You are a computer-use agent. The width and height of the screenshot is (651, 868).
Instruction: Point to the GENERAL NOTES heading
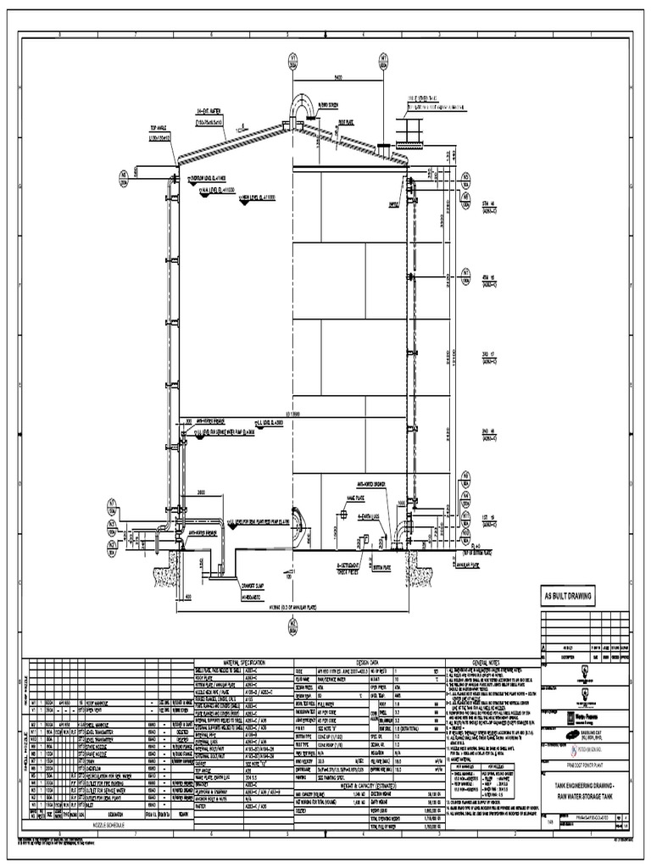[490, 662]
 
